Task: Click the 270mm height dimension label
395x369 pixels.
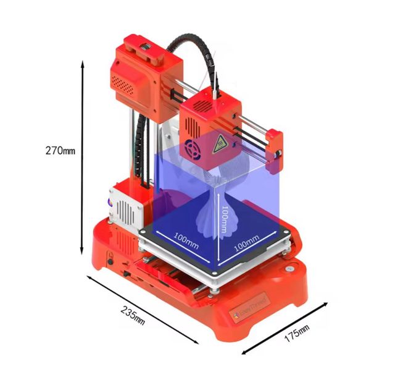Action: [60, 150]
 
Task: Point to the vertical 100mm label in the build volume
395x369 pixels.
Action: [225, 219]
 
